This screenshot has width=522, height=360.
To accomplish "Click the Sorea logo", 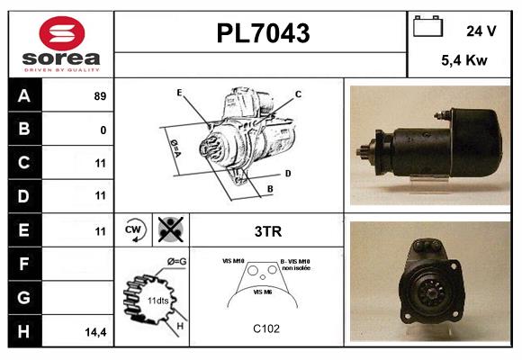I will [60, 45].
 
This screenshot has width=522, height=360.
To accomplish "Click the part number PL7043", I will [263, 34].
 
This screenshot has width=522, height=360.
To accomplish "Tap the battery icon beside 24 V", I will [427, 28].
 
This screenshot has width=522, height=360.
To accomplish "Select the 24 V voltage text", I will [481, 31].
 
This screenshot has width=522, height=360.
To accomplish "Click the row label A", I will [24, 95].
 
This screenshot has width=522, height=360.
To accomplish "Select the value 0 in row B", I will [103, 130].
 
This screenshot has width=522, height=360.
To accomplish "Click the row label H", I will [24, 332].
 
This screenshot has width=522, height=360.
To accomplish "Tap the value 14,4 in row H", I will [95, 333].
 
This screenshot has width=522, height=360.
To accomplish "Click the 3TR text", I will [268, 231].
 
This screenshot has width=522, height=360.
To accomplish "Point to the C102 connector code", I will [267, 328].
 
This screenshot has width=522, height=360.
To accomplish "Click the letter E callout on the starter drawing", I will [179, 93].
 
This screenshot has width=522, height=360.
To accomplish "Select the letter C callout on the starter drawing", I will [298, 94].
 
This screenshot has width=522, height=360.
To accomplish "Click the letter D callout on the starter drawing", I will [287, 172].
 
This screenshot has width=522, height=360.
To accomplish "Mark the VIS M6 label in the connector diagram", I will [263, 292].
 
